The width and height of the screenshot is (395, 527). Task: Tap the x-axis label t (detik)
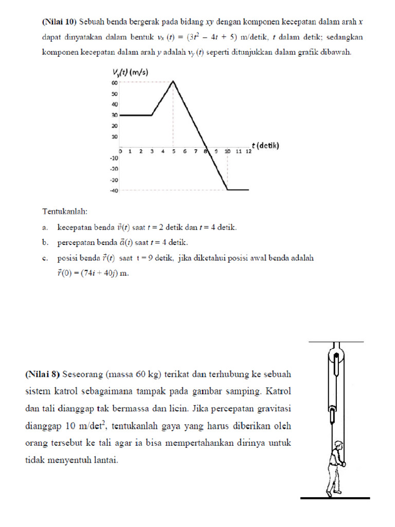click(265, 146)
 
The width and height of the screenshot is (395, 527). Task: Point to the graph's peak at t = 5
click(173, 81)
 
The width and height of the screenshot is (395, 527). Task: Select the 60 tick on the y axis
click(115, 82)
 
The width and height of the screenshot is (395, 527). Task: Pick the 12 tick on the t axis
click(248, 151)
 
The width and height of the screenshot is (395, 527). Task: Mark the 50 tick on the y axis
click(115, 94)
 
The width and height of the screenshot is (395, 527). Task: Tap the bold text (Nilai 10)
click(59, 22)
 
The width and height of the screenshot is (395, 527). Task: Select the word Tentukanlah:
click(65, 211)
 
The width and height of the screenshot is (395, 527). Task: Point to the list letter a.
click(46, 227)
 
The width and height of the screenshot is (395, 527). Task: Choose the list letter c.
click(46, 258)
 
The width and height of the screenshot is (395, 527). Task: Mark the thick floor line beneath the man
click(335, 498)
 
